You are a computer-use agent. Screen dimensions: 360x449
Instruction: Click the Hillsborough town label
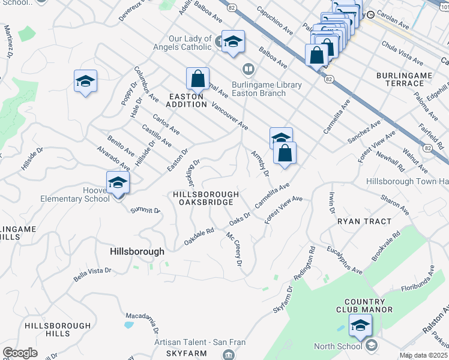137,252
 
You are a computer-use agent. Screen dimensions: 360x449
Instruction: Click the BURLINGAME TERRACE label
404,79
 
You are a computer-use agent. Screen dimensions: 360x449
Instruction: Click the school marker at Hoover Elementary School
118,182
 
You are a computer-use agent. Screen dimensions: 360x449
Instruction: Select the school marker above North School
360,326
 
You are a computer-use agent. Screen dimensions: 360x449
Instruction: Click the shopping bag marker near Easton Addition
197,78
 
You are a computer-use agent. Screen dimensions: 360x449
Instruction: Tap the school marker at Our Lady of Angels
233,42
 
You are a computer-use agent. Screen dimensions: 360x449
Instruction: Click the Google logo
20,353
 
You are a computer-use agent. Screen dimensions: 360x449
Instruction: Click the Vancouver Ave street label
230,116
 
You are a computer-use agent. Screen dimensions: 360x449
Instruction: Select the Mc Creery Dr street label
234,250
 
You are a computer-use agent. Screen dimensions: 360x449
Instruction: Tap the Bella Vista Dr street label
93,274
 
